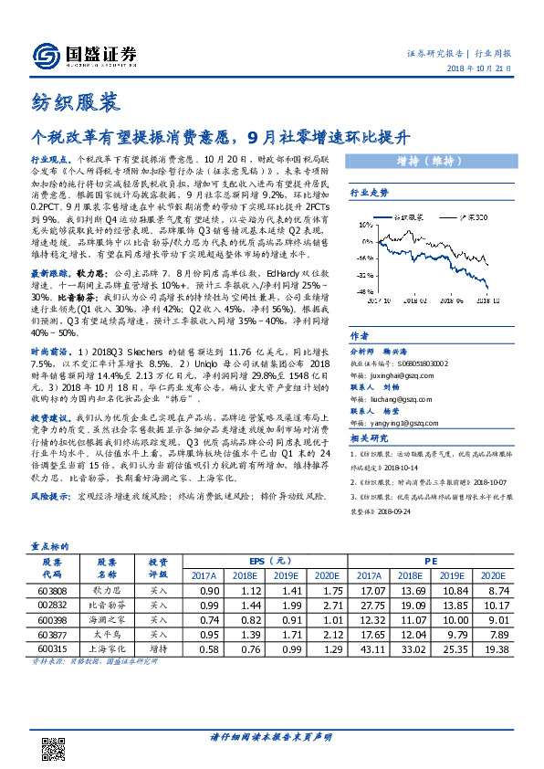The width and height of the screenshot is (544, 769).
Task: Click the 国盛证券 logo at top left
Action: (86, 56)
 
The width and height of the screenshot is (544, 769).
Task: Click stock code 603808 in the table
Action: (50, 592)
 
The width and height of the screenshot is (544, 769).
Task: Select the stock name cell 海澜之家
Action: (107, 620)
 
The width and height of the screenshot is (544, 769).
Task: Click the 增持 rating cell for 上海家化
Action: (158, 648)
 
